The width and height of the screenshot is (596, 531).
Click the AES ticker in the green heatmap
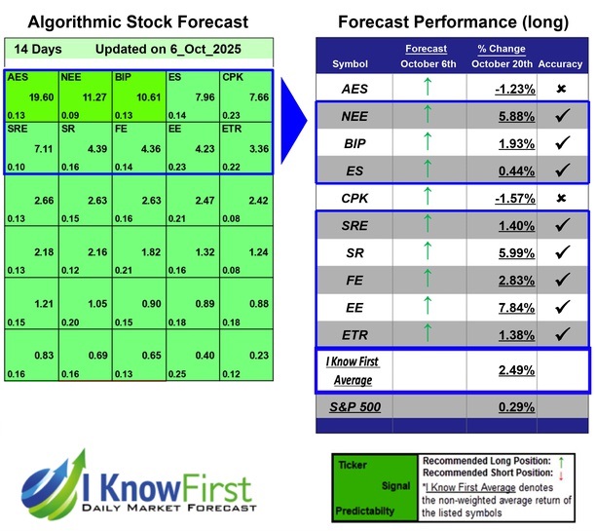pos(18,76)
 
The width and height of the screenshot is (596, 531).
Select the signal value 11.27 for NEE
pos(93,95)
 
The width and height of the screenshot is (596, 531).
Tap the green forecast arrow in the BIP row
pos(425,142)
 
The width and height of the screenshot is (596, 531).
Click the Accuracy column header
pos(560,63)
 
